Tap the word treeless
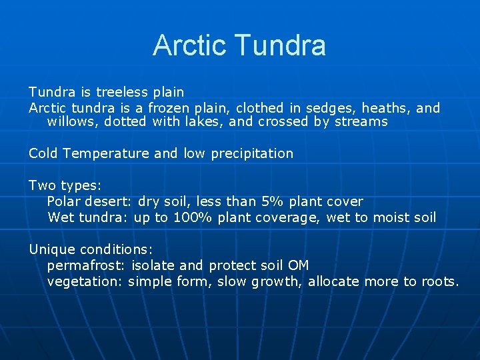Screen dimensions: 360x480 tap(122, 91)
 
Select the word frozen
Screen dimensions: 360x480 tap(169, 108)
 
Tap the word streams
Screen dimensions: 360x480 tap(361, 121)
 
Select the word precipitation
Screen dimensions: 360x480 tap(252, 153)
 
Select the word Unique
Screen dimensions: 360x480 tap(52, 249)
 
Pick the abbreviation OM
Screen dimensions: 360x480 tap(298, 265)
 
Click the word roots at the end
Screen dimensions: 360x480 tap(438, 281)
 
